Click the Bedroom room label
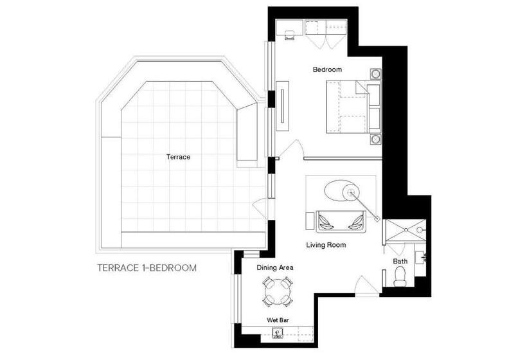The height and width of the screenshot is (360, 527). pos(327,69)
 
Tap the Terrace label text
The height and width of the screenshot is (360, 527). pos(178,157)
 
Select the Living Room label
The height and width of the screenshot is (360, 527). pos(326,245)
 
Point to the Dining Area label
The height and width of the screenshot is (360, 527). pos(275,267)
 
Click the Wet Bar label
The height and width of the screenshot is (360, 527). pos(278,320)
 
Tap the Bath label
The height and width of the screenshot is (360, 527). pos(400,261)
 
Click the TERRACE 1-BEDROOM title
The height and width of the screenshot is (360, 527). pos(147,268)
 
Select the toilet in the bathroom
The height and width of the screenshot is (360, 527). pos(400,276)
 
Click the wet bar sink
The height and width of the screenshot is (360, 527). pos(278,333)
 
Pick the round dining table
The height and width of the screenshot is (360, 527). pos(275,291)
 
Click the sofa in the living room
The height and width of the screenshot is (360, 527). pos(341,222)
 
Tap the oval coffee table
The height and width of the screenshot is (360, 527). pos(340,191)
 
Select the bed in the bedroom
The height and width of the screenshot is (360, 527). pos(353,107)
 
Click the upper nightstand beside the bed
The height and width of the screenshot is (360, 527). pos(376,73)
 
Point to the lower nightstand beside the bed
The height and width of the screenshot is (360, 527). pos(376,139)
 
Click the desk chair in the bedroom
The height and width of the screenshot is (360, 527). pos(290,35)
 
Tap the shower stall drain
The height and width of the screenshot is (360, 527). pos(406,230)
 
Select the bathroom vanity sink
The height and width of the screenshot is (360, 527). pos(420,258)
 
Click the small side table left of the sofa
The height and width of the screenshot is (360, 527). pos(310,221)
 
